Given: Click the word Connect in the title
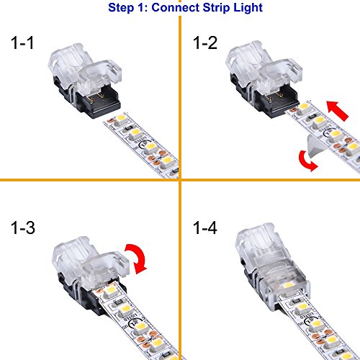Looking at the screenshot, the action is coord(175,7).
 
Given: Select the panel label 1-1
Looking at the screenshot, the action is coord(22,43).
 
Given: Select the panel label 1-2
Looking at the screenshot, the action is coord(205,43).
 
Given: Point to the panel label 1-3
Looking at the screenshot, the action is coord(23,228).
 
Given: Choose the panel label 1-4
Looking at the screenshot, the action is coord(205,228).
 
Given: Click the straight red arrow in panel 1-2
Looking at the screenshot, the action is coord(338,111).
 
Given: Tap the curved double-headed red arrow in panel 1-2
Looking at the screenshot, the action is coord(306,162).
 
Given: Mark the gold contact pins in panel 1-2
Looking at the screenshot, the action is coord(274,96).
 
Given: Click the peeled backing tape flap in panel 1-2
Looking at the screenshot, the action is coord(315,146).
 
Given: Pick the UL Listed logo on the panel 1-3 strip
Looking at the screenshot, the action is coord(132,323).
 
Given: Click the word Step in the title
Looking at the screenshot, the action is coord(121,8).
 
